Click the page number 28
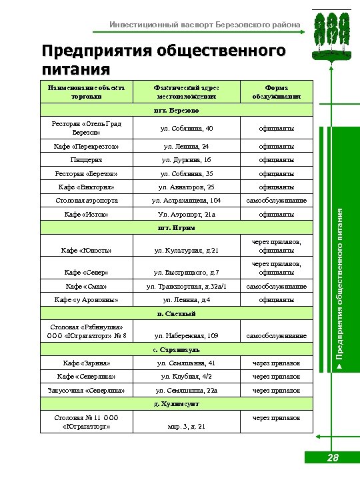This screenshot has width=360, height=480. click(x=333, y=458)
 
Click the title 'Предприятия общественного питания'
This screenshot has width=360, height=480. click(x=163, y=60)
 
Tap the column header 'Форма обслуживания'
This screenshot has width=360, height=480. click(x=276, y=92)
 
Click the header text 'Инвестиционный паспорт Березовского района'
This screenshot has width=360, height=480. click(x=205, y=25)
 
